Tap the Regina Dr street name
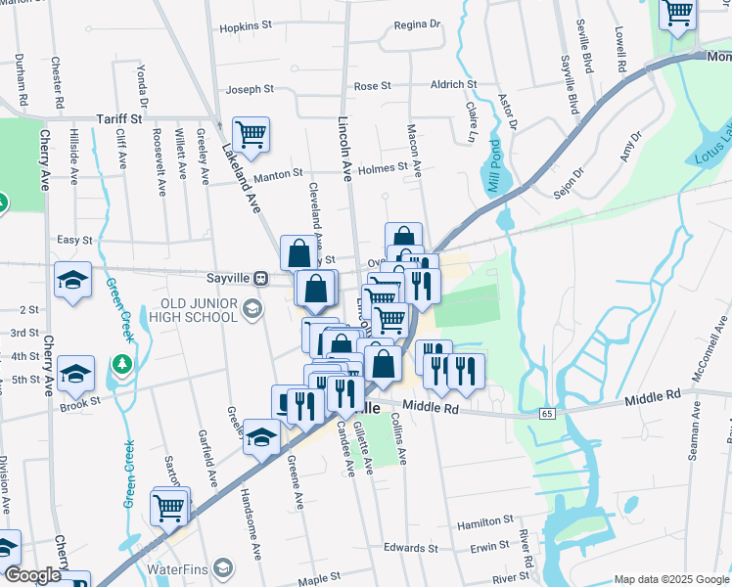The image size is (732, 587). pyautogui.click(x=417, y=24)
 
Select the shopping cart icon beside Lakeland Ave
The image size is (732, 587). pyautogui.click(x=251, y=135)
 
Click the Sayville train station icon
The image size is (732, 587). pyautogui.click(x=260, y=278)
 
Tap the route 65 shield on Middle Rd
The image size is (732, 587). pyautogui.click(x=544, y=414)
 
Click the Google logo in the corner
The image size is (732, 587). pyautogui.click(x=32, y=575)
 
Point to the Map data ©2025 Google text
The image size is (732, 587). pyautogui.click(x=670, y=578)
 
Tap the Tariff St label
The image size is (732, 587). pyautogui.click(x=119, y=118)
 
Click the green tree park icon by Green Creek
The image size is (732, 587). pyautogui.click(x=121, y=365)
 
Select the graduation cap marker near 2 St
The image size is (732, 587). pyautogui.click(x=72, y=281)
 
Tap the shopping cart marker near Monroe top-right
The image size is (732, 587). pyautogui.click(x=676, y=15)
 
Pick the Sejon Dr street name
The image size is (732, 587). pyautogui.click(x=569, y=182)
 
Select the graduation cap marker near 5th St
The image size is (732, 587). pyautogui.click(x=75, y=374)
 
